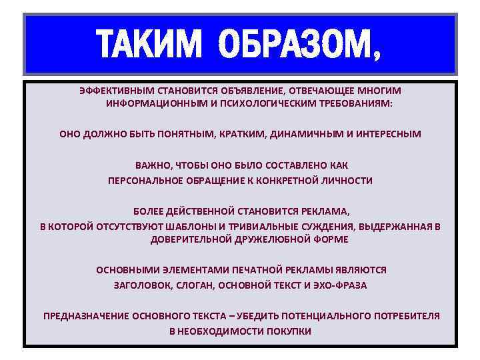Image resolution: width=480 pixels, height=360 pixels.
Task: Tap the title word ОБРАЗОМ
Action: (300, 44)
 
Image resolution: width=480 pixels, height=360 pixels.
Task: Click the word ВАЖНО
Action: (151, 165)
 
